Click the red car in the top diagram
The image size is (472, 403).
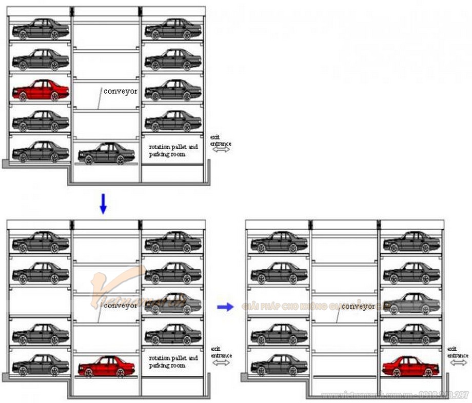point(41,90)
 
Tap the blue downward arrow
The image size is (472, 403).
point(103,204)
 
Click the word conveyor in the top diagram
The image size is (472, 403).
point(120,92)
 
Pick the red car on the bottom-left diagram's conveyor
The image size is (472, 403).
point(106,367)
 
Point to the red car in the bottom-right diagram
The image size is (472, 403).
point(410,367)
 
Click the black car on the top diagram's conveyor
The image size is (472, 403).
point(106,153)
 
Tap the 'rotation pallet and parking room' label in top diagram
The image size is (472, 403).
point(173,150)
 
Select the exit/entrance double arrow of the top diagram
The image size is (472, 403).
point(221,150)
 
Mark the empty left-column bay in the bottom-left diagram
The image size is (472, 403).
point(40,301)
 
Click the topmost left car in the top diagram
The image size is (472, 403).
point(41,29)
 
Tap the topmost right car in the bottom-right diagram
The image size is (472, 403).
point(410,241)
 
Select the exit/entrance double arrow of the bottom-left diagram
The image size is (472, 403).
point(221,362)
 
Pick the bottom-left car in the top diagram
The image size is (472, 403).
point(41,152)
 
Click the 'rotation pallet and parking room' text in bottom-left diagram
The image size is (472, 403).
point(173,361)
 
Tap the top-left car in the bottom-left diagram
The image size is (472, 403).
point(41,241)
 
